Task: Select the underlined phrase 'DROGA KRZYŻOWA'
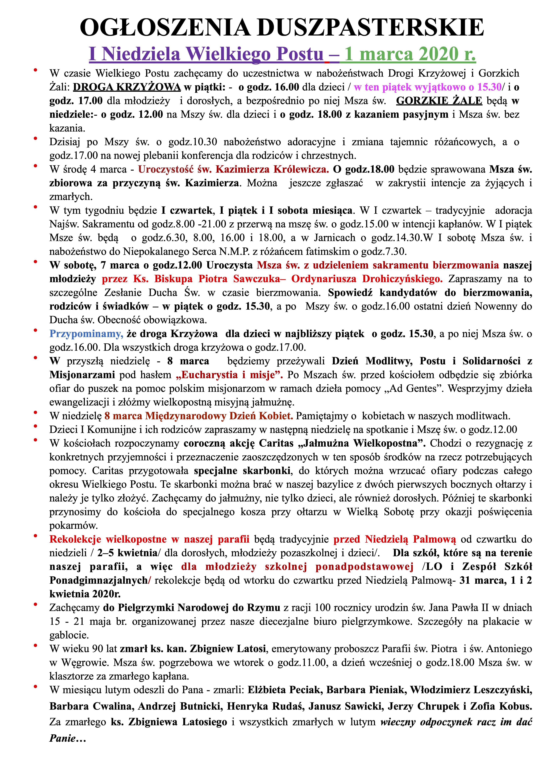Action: coord(127,87)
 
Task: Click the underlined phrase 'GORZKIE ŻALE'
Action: coord(439,101)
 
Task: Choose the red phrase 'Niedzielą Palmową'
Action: coord(410,539)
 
